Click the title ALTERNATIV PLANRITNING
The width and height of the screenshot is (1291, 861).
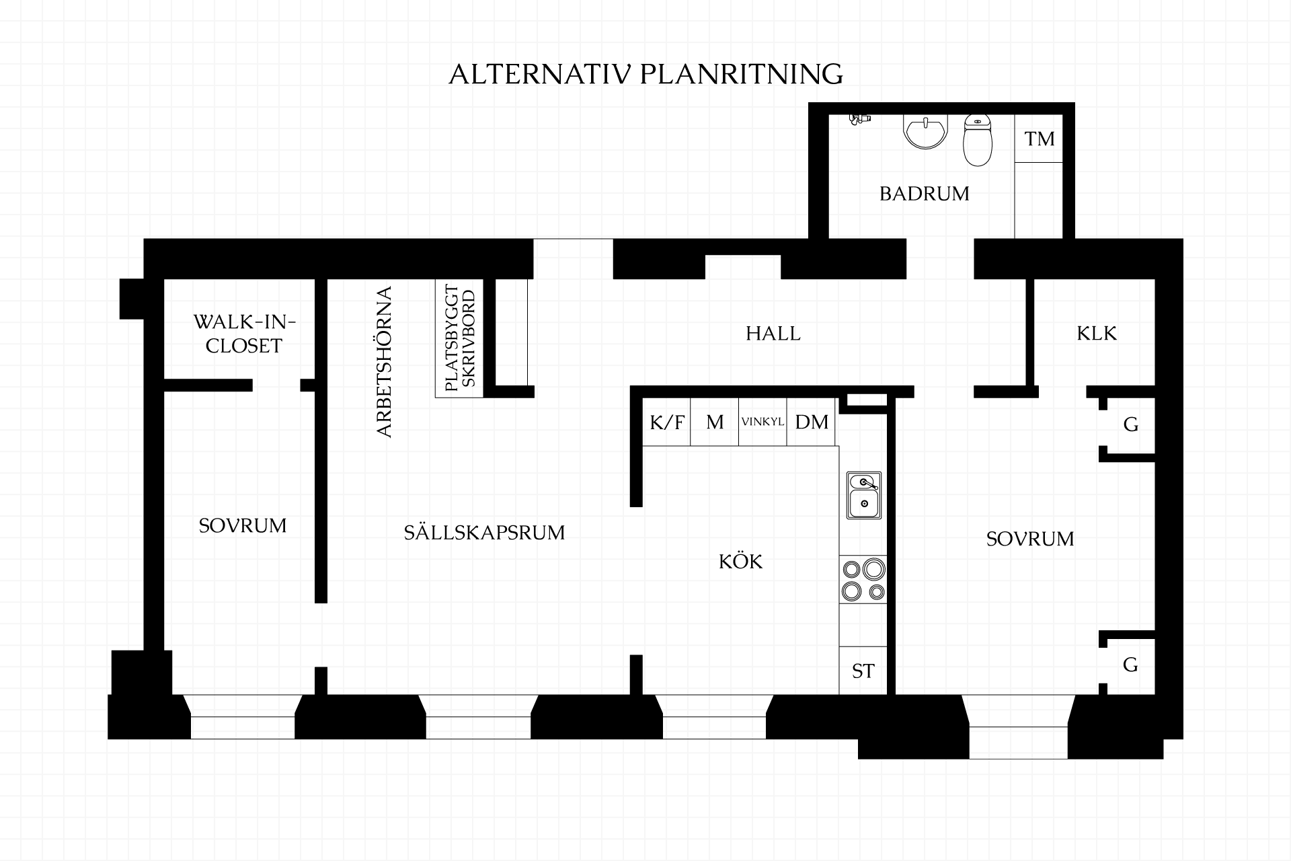645,74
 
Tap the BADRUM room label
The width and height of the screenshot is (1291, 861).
925,194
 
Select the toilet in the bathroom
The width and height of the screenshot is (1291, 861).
978,140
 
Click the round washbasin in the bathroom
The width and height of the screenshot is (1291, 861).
926,130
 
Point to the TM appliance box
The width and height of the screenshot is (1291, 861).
1039,139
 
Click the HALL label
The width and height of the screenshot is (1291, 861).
773,334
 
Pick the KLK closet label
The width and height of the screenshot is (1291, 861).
1097,334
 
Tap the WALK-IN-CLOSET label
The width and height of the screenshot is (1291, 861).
244,334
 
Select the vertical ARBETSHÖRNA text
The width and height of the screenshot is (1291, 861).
384,362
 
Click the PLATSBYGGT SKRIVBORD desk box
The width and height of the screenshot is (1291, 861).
459,338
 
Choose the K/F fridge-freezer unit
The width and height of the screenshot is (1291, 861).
667,422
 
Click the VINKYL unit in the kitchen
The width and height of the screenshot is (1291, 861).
762,422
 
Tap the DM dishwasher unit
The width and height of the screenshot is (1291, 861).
811,422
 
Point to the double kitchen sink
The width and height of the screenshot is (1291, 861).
864,494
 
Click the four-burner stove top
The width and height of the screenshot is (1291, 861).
863,580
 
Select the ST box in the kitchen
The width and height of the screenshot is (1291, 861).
863,671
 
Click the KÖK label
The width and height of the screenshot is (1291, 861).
741,561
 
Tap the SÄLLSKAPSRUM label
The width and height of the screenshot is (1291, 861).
484,532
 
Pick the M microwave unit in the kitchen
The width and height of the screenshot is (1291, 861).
715,422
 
